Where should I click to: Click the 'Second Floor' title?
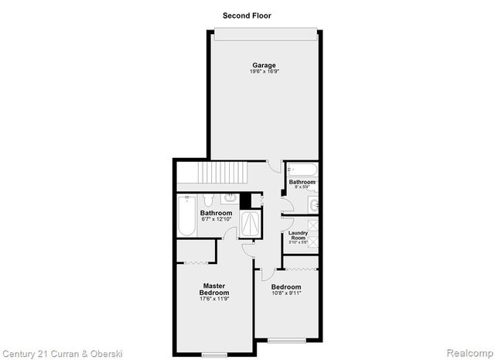tap(247, 15)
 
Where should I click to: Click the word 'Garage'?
tap(264, 64)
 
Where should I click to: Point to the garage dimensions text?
tap(264, 71)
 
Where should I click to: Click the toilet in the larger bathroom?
tap(212, 198)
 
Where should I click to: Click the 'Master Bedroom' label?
tap(213, 288)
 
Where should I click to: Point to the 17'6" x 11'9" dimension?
tap(213, 300)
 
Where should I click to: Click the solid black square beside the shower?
tap(245, 201)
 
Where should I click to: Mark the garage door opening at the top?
tap(265, 32)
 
